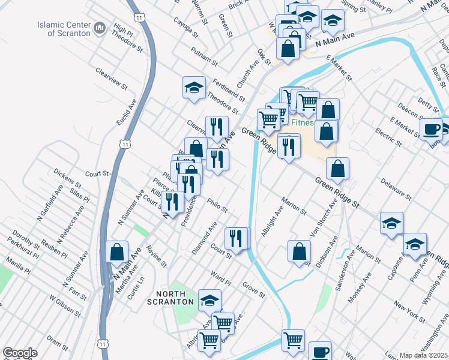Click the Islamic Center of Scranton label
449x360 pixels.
[64, 29]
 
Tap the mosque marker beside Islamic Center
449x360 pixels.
[100, 27]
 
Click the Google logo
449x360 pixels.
[20, 353]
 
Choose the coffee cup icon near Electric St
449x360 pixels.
[430, 128]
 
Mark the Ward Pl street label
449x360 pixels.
[220, 280]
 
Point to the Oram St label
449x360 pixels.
[58, 343]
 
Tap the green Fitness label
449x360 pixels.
[303, 123]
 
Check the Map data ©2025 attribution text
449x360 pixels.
[423, 355]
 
